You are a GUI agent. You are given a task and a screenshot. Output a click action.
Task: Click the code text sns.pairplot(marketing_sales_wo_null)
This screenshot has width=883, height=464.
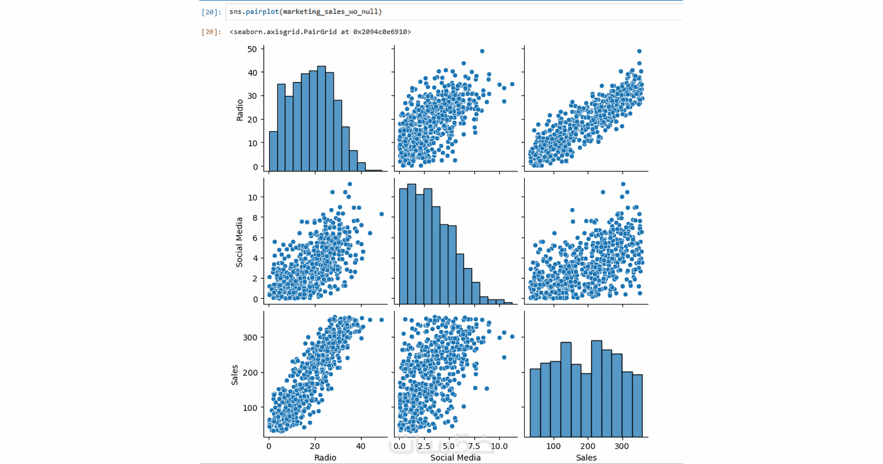(305, 12)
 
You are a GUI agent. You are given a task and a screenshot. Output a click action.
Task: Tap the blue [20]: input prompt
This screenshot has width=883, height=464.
(211, 12)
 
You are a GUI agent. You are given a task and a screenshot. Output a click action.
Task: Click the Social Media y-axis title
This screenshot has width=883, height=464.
(240, 242)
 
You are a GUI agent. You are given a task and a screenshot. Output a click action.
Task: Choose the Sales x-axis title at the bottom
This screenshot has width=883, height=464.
(586, 458)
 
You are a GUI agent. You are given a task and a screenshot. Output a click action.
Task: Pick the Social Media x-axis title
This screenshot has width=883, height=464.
(455, 458)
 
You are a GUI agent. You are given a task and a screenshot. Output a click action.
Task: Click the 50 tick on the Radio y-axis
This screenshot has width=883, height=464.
(252, 49)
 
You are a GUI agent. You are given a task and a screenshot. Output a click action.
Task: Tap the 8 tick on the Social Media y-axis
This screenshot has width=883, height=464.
(255, 217)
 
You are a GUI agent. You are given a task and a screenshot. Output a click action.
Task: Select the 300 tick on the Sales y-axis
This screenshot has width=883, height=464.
(250, 337)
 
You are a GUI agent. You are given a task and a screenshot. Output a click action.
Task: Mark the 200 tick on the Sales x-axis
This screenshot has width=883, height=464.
(588, 446)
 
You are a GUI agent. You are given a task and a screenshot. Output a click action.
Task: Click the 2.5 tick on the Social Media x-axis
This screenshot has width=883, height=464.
(424, 446)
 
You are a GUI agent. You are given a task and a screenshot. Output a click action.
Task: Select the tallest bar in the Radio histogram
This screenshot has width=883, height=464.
(321, 119)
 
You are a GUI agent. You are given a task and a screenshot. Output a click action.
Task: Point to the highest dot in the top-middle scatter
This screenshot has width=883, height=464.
(482, 51)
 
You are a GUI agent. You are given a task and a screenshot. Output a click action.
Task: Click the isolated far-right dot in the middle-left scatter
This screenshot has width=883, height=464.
(382, 214)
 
